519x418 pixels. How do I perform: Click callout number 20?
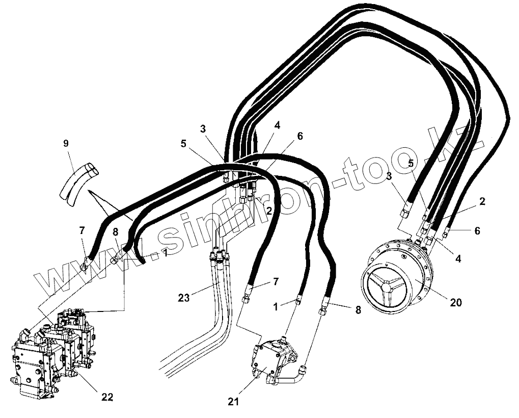[x=455, y=302]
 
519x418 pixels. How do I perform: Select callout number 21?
[x=234, y=401]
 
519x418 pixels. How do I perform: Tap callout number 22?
[x=107, y=397]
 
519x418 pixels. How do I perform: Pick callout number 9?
[x=66, y=143]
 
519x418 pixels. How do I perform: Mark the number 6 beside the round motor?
[x=477, y=230]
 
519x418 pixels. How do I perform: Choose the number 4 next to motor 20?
[x=458, y=259]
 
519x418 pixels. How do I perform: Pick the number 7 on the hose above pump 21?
[x=276, y=281]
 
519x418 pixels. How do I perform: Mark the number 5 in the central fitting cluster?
[x=183, y=144]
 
